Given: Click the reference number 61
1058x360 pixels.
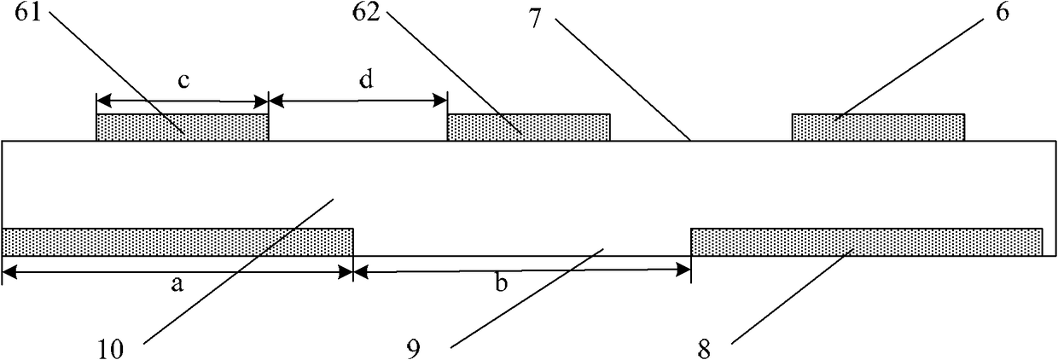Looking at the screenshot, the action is click(x=28, y=13).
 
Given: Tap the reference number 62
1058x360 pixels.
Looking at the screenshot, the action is click(x=366, y=13).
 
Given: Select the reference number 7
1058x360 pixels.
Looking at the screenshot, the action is click(x=535, y=20).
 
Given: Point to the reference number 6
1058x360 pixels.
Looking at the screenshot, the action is click(x=1003, y=13).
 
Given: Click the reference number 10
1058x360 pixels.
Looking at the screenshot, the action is click(x=111, y=350).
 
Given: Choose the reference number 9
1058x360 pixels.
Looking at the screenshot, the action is click(x=414, y=350).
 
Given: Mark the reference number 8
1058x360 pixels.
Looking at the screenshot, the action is click(x=704, y=350).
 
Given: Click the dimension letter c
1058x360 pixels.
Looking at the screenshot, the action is click(x=183, y=81).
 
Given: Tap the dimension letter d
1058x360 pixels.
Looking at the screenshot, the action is click(x=367, y=78).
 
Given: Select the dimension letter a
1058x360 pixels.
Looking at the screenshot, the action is click(x=177, y=284).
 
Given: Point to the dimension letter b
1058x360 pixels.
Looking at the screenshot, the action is click(x=501, y=282).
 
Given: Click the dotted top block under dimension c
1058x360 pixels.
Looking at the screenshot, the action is click(x=183, y=127).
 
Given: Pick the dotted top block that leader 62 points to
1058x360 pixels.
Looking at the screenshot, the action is click(x=528, y=127).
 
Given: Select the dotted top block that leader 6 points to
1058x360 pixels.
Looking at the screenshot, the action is click(x=878, y=127).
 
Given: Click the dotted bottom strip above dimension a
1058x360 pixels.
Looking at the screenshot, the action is click(x=177, y=242).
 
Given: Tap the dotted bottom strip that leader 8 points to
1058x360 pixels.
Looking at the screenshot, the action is click(x=867, y=242).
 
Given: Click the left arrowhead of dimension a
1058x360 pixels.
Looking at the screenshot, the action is click(x=10, y=272).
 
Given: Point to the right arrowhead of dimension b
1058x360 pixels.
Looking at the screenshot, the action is click(x=683, y=270).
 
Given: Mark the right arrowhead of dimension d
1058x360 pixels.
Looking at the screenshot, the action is click(x=439, y=100).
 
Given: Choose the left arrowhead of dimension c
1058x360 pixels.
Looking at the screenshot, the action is click(x=104, y=100).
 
